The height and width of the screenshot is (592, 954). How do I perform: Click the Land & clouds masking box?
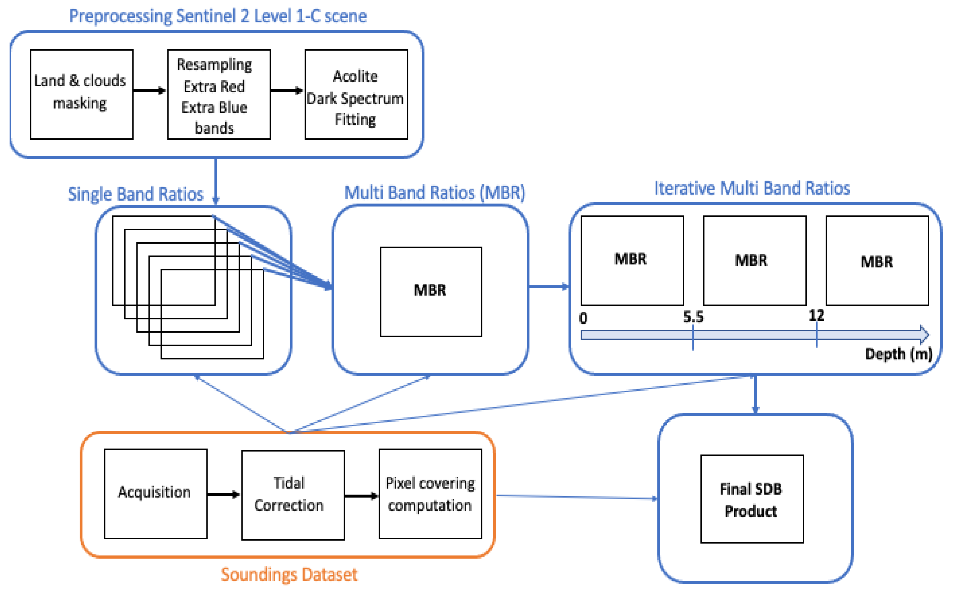82,94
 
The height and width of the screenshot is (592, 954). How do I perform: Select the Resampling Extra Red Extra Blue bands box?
219,94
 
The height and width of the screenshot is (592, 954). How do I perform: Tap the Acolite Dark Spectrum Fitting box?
356,94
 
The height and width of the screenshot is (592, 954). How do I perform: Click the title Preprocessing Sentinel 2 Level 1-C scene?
218,16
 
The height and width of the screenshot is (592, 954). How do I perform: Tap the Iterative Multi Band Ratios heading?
752,188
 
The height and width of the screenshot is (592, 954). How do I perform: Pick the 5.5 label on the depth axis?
693,317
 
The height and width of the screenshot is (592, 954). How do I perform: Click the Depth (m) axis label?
898,354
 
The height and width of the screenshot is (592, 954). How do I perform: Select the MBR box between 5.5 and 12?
754,260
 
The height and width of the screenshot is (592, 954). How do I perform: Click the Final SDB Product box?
752,499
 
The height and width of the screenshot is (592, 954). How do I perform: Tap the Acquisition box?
156,493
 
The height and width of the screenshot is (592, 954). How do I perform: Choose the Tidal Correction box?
293,495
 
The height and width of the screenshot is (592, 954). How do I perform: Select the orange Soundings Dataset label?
289,574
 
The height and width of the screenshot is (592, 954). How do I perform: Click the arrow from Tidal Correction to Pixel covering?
361,496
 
